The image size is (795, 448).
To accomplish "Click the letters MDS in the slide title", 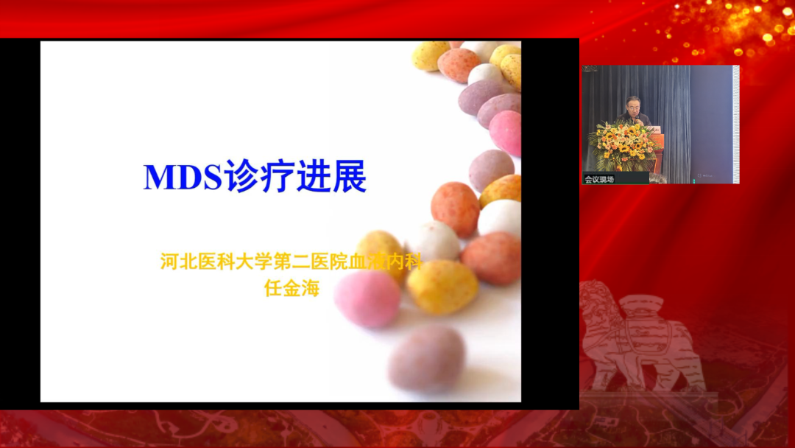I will click(x=183, y=178).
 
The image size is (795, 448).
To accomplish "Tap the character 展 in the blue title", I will click(x=349, y=178).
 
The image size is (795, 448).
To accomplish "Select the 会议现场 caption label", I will click(x=599, y=179).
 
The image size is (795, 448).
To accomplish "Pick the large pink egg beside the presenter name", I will click(x=367, y=298).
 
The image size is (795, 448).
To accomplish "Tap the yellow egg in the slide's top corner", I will click(x=430, y=55).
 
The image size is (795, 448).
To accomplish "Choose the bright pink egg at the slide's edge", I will click(x=506, y=133).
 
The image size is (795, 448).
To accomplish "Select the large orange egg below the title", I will click(x=455, y=209).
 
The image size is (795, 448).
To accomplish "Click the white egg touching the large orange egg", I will click(x=500, y=217).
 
